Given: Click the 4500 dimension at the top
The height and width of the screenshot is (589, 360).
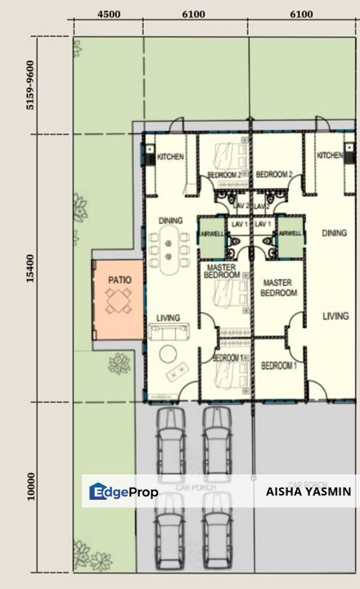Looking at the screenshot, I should pos(109,15).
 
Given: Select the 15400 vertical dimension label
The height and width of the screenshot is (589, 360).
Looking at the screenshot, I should pos(31,268).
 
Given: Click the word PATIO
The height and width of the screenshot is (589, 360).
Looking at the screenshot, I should pos(119,280).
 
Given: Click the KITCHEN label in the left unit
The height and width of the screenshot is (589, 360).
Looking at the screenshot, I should pos(170,157).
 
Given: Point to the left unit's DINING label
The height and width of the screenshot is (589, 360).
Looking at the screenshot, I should pos(170,221).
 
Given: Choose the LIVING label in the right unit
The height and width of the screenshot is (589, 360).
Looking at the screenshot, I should pos(335,316).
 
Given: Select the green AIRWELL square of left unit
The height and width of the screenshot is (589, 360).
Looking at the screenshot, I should pos(212,233).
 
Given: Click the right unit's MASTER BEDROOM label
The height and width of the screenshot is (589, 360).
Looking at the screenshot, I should pos(277,287).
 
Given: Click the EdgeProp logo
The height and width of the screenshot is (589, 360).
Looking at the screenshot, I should pos(123,492).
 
